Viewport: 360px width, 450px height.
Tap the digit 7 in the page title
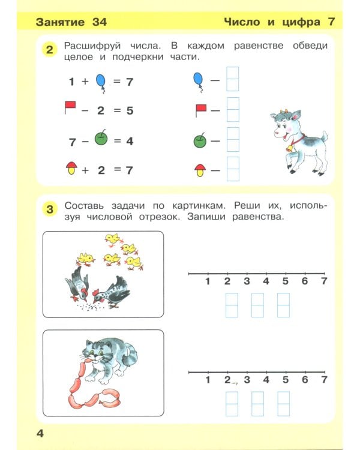click(331, 22)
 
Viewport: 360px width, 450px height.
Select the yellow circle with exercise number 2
click(50, 50)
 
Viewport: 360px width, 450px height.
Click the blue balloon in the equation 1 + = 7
click(101, 82)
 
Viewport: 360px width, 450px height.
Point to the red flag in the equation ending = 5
click(70, 108)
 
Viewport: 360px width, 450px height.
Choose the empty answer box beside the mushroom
click(233, 169)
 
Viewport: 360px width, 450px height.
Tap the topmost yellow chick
click(111, 239)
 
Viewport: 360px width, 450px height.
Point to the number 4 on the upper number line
click(266, 282)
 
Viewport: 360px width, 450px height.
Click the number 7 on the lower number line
click(324, 380)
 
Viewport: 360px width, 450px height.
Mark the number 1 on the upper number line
click(208, 282)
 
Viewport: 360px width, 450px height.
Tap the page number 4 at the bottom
click(40, 433)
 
